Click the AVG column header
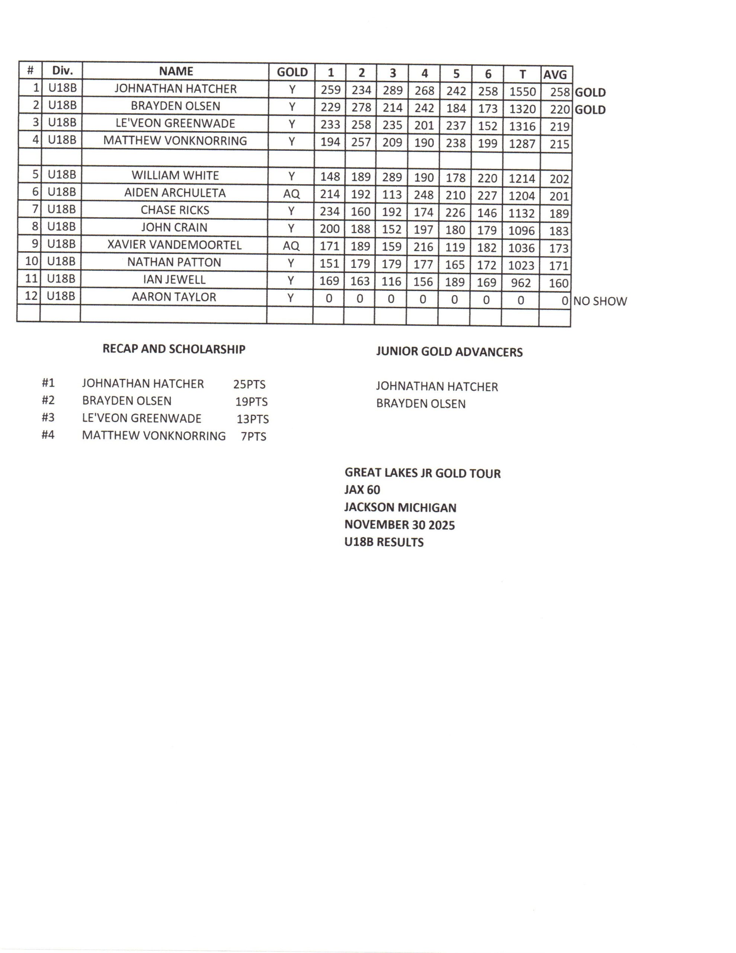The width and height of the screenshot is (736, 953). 554,74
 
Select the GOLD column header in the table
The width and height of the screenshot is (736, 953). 292,72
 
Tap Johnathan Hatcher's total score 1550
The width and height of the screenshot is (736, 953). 522,91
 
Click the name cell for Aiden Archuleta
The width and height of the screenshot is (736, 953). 175,193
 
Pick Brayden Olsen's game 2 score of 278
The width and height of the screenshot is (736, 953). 361,107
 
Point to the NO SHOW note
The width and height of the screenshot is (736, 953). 599,301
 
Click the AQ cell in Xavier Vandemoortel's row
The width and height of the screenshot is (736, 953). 291,246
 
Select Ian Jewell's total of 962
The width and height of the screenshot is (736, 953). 521,283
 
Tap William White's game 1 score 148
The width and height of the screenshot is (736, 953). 330,176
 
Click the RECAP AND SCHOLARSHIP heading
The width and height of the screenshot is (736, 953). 174,349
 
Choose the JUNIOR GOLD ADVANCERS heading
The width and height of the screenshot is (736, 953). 449,352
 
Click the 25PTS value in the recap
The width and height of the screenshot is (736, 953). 249,385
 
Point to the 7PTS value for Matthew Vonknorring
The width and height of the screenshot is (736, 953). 253,436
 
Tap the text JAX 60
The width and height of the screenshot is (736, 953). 362,490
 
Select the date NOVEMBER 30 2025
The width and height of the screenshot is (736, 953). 399,525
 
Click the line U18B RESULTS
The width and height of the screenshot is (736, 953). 384,542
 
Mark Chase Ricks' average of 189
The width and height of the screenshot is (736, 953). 559,214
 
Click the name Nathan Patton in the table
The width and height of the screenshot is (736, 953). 174,262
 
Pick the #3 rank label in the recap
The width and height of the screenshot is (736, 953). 48,418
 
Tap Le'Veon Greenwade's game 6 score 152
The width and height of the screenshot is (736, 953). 487,126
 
